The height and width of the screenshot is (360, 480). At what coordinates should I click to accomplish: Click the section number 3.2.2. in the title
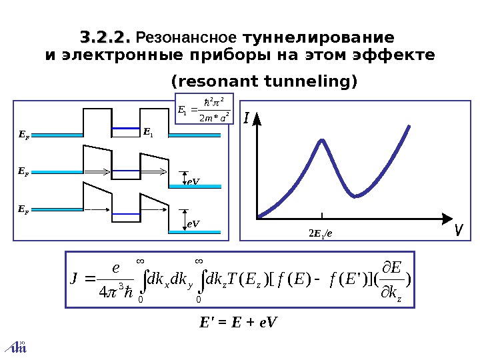(105, 36)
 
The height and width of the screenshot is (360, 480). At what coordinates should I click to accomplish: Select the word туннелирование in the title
(319, 36)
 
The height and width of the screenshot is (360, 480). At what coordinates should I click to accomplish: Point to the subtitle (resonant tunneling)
(265, 82)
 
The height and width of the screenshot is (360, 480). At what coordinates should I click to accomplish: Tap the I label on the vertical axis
(246, 119)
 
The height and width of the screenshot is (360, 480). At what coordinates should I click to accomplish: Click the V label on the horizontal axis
(458, 230)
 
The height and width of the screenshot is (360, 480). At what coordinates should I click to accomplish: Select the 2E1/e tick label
(321, 233)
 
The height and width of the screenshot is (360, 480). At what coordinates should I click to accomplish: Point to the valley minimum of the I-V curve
(356, 196)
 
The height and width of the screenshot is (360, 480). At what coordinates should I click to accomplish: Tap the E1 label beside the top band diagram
(148, 133)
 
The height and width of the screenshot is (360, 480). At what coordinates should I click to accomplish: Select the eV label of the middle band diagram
(193, 181)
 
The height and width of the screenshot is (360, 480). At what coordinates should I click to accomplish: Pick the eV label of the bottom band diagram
(193, 225)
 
